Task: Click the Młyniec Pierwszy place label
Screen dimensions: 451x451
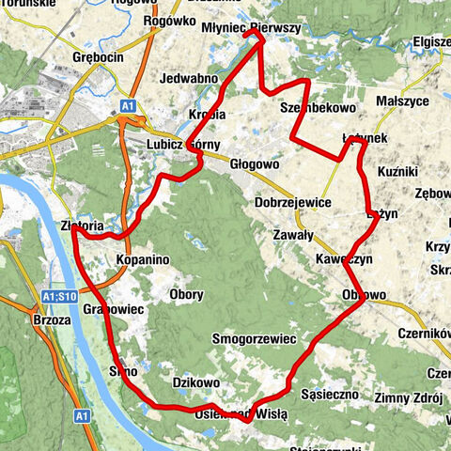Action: [251, 29]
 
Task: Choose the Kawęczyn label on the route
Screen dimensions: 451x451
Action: [345, 257]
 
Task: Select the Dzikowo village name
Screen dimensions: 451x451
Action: [196, 382]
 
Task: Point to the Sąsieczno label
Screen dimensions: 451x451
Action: [330, 395]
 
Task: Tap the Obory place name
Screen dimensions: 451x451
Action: [185, 295]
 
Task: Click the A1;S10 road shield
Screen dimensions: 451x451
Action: [57, 297]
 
